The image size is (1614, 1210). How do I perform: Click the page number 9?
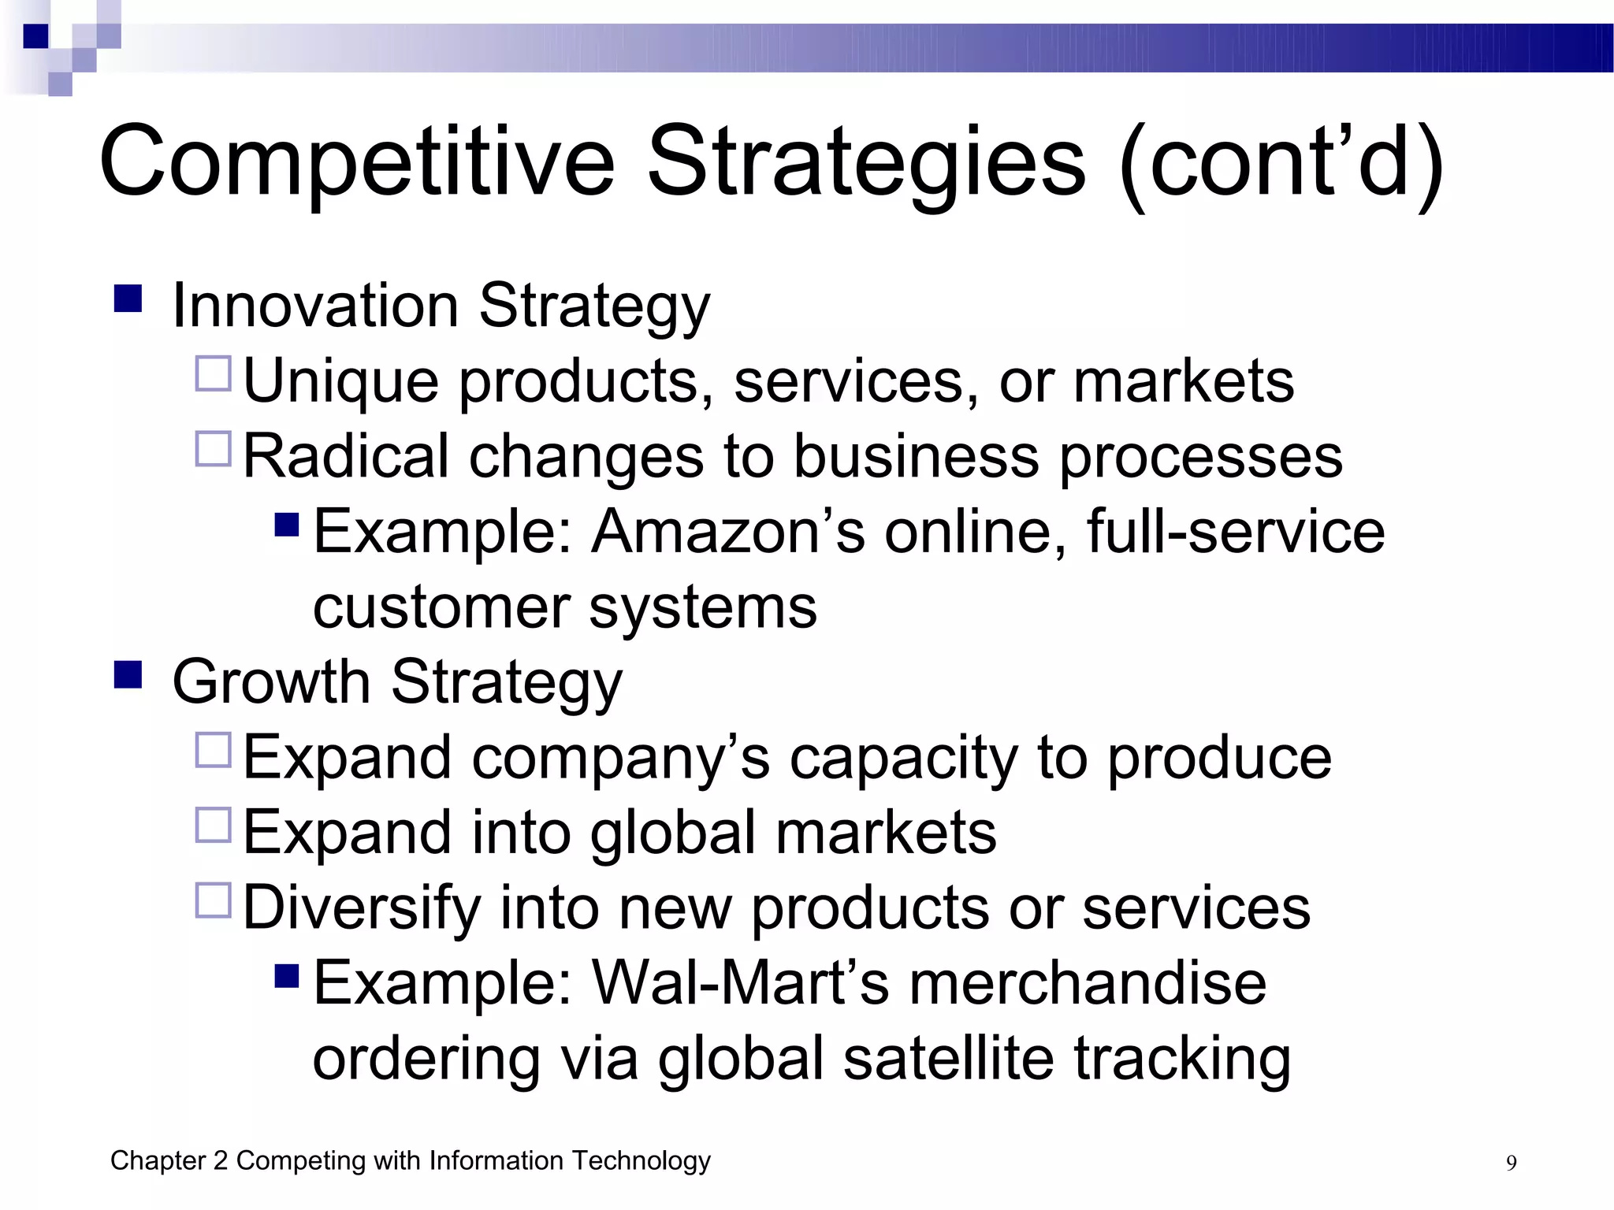pos(1511,1164)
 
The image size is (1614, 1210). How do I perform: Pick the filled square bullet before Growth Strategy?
pos(128,675)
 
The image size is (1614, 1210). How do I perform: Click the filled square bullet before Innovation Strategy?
pos(128,299)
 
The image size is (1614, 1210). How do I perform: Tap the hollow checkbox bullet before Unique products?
pos(213,373)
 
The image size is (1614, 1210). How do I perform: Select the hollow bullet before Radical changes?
pos(213,449)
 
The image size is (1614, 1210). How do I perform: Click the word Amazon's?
pos(728,532)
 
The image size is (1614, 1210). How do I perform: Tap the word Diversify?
pos(362,907)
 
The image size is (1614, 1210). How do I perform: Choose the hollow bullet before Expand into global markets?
pos(213,825)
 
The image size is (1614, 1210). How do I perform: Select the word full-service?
pos(1235,532)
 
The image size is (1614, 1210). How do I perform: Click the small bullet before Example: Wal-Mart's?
pos(287,977)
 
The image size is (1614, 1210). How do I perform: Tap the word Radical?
pos(346,456)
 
